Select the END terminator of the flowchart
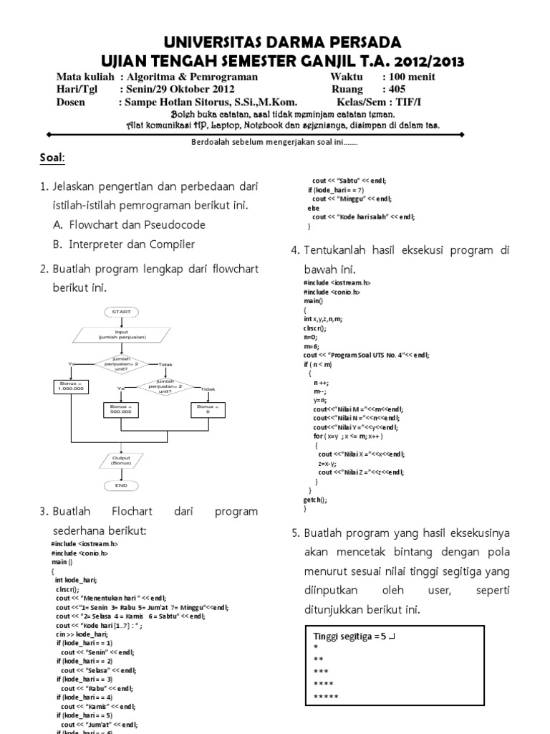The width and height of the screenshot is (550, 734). pos(121,485)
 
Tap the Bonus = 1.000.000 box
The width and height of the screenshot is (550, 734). pos(71,386)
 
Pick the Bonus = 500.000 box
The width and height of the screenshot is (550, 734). pos(121,410)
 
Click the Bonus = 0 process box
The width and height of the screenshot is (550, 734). pos(208,410)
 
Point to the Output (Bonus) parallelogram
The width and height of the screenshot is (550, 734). pos(121,460)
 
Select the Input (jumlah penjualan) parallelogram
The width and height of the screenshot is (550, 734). pos(121,335)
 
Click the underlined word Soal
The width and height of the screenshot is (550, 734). pos(50,158)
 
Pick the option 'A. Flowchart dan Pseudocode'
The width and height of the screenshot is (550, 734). pos(129,225)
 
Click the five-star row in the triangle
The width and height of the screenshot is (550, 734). pos(327,697)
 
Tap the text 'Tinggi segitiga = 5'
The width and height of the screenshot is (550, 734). pos(350,635)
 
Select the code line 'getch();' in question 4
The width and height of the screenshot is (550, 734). pos(316,500)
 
